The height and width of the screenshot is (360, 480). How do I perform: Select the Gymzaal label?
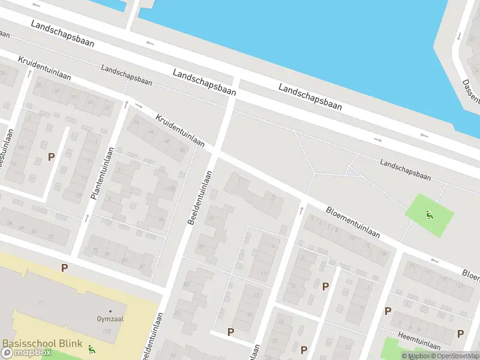pos(110,319)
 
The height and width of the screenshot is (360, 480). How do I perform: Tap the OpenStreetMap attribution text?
pos(454,356)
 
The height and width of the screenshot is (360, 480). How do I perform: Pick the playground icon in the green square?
pos(429,215)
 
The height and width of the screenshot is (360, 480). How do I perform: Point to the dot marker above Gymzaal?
pos(110,311)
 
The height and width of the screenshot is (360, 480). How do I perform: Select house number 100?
pos(172,189)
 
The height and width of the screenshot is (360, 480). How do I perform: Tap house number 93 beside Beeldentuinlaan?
pos(211,218)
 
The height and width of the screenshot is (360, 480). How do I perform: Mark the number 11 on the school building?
pos(40,301)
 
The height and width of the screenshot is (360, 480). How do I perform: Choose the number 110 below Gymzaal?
pos(107,331)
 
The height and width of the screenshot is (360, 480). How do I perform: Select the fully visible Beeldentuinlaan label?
pos(200,198)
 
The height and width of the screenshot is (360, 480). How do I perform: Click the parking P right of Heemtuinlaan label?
pos(460,334)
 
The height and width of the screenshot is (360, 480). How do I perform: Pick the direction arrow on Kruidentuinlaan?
pos(139,106)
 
